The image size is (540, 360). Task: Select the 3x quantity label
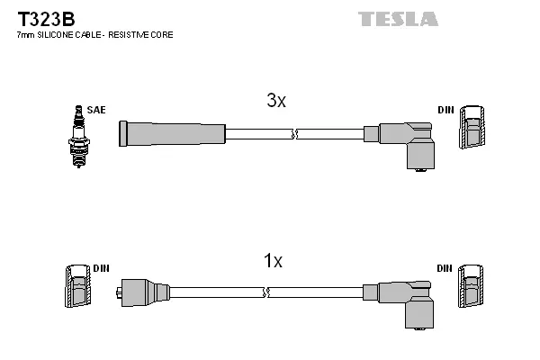(275, 102)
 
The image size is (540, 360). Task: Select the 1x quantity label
(273, 261)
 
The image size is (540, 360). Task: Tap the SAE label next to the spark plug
(97, 110)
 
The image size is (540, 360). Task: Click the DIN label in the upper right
(445, 110)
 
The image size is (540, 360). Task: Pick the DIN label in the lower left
(101, 269)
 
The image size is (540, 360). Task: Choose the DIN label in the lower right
(445, 269)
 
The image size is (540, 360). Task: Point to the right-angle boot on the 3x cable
(407, 142)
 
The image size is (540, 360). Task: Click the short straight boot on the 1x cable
(144, 292)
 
